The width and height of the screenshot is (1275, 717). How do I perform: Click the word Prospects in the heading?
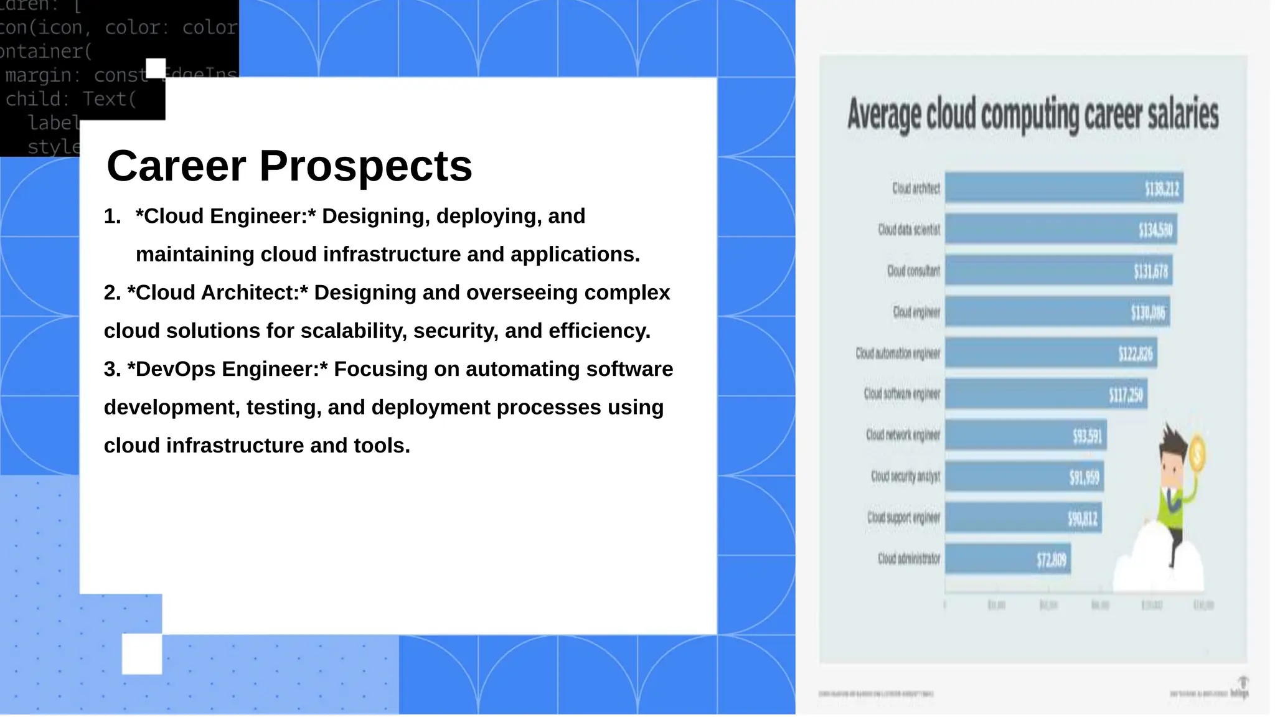[x=365, y=167]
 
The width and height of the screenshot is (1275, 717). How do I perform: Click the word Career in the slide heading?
[x=176, y=167]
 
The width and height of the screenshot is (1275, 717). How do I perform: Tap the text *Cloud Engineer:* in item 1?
[x=225, y=217]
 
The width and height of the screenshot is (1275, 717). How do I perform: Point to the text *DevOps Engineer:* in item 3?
[x=227, y=369]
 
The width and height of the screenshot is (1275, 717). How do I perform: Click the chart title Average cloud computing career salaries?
[x=1032, y=115]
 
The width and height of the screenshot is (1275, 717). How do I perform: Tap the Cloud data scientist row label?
[x=909, y=230]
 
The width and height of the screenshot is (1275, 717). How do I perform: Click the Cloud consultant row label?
[x=913, y=271]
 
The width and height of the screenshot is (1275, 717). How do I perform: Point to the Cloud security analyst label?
[x=905, y=476]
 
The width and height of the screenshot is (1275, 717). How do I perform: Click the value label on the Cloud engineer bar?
[x=1147, y=312]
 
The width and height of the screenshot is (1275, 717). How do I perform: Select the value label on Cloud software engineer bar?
[x=1125, y=395]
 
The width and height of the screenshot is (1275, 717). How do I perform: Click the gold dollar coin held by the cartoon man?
[x=1197, y=453]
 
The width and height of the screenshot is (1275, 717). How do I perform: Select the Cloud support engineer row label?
[x=903, y=517]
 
